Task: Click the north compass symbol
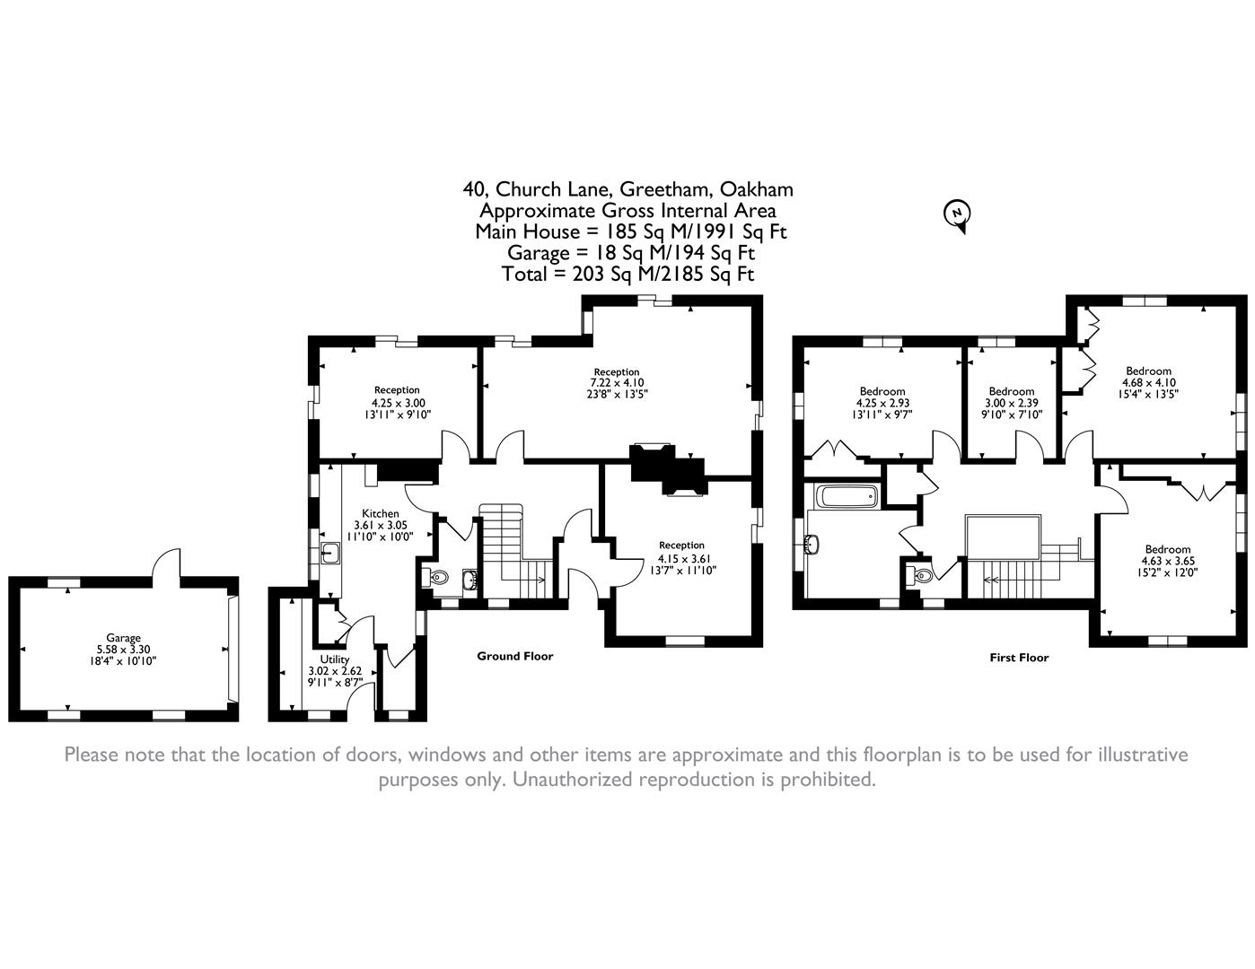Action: pyautogui.click(x=958, y=214)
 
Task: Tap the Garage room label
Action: pyautogui.click(x=123, y=638)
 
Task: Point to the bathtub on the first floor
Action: pyautogui.click(x=847, y=496)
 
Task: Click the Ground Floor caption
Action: pyautogui.click(x=514, y=656)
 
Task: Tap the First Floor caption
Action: pyautogui.click(x=1019, y=657)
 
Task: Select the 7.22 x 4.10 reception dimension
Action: pyautogui.click(x=616, y=382)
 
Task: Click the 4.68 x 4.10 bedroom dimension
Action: pyautogui.click(x=1148, y=382)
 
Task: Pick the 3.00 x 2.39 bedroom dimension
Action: pyautogui.click(x=1012, y=403)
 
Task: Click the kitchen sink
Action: pyautogui.click(x=329, y=552)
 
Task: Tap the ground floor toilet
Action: pyautogui.click(x=437, y=579)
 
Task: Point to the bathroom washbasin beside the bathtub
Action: pyautogui.click(x=813, y=545)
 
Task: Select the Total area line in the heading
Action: pyautogui.click(x=627, y=275)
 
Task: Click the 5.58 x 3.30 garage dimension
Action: pyautogui.click(x=123, y=650)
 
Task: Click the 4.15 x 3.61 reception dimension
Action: pyautogui.click(x=681, y=557)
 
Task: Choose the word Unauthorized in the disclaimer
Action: pyautogui.click(x=571, y=779)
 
